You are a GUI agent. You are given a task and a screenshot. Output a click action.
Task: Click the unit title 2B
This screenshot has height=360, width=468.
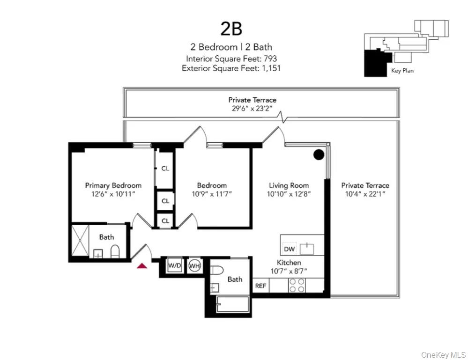(x=231, y=29)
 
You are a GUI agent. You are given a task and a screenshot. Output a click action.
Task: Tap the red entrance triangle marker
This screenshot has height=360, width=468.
(x=142, y=266)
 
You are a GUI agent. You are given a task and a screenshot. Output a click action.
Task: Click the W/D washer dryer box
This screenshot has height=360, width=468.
(x=175, y=265)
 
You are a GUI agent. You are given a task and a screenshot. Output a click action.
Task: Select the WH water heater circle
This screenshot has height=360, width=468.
(x=194, y=265)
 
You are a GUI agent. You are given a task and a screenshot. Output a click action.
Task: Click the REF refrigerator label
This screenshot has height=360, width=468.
(x=260, y=285)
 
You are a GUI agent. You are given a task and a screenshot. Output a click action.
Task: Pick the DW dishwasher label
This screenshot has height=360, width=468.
(x=289, y=249)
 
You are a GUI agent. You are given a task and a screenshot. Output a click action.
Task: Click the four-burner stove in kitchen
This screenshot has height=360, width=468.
(x=297, y=285)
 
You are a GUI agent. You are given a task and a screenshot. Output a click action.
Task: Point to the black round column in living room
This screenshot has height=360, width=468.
(x=319, y=154)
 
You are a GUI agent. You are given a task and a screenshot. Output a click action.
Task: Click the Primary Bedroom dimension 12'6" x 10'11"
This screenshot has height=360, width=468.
(x=113, y=194)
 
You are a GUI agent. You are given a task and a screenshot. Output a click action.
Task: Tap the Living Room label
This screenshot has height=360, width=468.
(x=289, y=185)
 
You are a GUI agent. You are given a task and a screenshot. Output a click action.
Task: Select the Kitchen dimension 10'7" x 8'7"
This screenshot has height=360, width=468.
(x=289, y=271)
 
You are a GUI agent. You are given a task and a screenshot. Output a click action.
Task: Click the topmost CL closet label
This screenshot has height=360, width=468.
(x=165, y=169)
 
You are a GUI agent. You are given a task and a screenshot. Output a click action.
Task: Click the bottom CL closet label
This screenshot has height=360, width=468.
(x=165, y=220)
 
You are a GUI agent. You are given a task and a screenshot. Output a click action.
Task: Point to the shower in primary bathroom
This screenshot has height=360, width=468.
(x=80, y=241)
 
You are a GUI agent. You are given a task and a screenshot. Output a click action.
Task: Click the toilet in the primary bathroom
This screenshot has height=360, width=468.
(x=115, y=252)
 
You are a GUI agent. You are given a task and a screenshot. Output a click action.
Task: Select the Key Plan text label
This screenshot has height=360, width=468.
(x=402, y=71)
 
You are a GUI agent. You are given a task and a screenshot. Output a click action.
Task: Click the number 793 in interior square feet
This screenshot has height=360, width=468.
(x=270, y=59)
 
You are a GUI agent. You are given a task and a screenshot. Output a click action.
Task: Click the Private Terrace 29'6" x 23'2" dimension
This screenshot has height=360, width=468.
(x=252, y=108)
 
